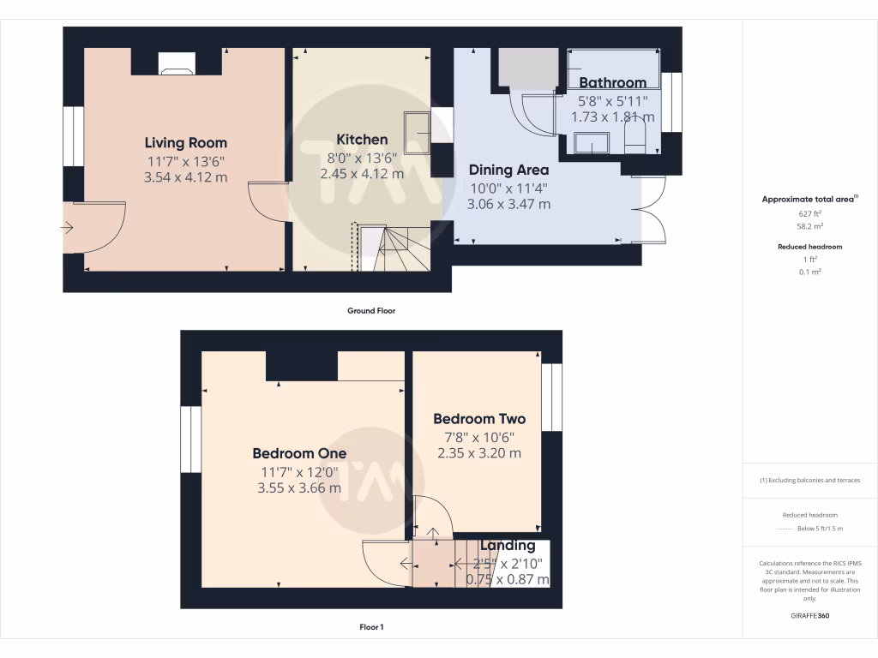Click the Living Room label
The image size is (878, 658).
(185, 142)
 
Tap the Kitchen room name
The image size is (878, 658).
(361, 140)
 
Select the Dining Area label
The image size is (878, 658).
(508, 170)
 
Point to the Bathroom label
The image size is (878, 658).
(612, 82)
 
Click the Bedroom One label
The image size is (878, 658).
(299, 453)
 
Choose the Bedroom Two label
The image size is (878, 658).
(479, 419)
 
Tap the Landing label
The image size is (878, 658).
(508, 545)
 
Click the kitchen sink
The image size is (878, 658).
(418, 132)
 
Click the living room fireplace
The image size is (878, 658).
(177, 63)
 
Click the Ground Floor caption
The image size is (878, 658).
(371, 311)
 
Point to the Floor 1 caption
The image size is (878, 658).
(371, 627)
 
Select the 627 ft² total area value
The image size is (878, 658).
(810, 214)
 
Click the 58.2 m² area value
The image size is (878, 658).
(810, 227)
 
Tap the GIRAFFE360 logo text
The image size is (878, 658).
(810, 615)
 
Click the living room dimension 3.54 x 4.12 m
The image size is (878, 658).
(185, 177)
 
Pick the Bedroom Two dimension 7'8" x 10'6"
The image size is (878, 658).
(479, 437)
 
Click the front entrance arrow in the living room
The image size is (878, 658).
(68, 227)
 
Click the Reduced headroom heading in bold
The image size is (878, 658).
(810, 247)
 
